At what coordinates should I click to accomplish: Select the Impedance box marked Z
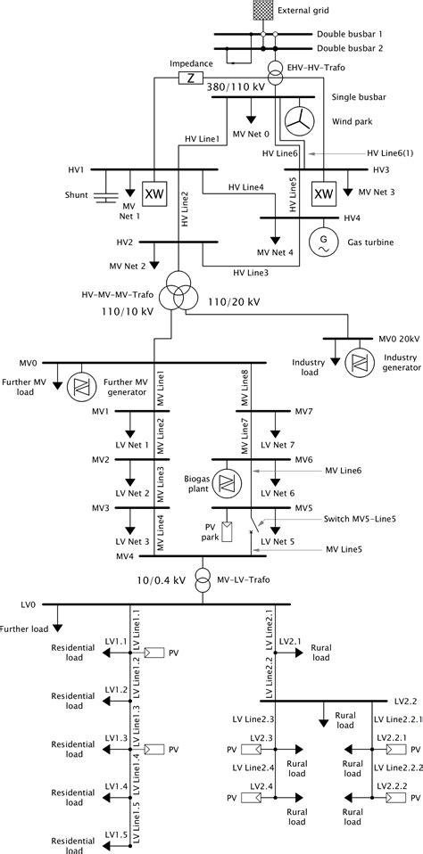click(x=189, y=78)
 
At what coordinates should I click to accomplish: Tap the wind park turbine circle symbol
click(x=298, y=119)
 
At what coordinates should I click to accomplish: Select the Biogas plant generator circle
click(x=227, y=482)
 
